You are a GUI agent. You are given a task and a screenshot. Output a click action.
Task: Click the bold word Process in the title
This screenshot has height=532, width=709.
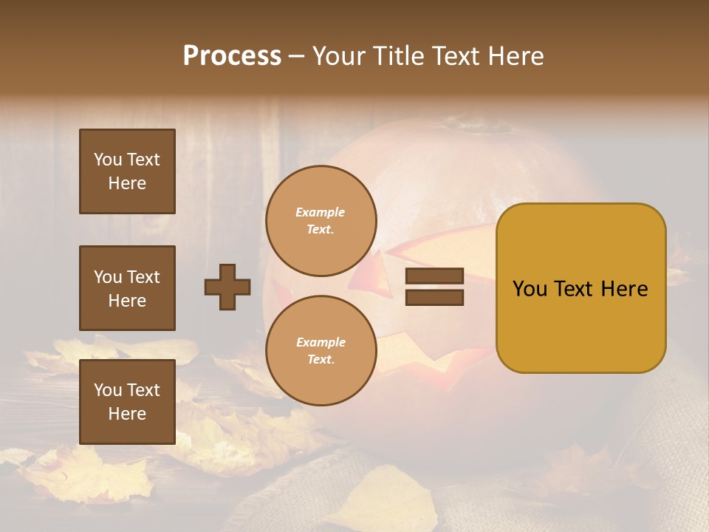coord(232,56)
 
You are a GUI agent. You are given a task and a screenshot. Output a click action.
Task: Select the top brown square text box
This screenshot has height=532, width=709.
coord(127,171)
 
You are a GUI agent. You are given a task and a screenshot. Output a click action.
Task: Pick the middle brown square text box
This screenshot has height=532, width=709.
coord(127,288)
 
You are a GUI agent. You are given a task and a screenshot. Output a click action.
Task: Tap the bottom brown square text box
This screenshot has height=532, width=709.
coord(127,402)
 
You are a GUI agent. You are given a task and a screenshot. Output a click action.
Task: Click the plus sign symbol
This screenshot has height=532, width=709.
coord(227,287)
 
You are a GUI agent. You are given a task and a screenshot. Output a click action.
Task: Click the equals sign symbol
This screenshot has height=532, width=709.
coord(434,287)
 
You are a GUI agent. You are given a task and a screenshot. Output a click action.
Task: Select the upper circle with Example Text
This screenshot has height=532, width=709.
coord(321,221)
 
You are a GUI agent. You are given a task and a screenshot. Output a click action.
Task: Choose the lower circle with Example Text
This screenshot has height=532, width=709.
coord(321,350)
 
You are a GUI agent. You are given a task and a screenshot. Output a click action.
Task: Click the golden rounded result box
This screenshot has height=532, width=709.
coord(581,287)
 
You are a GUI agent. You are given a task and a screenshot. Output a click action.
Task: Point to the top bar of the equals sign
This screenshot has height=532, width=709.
coord(434,276)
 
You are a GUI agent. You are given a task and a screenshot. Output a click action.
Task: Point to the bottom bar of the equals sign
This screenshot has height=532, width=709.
coord(434,298)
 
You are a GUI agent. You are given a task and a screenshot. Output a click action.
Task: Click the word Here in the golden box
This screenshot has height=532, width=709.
coord(623,289)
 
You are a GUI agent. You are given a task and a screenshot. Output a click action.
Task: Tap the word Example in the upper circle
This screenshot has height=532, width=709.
coord(321,212)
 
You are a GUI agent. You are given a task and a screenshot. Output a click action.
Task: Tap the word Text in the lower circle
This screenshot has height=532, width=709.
coord(320,360)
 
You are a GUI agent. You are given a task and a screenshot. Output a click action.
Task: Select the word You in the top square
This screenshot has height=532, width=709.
coord(108,160)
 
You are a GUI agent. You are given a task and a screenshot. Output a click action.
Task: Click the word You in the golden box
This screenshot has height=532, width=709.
coord(530,289)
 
